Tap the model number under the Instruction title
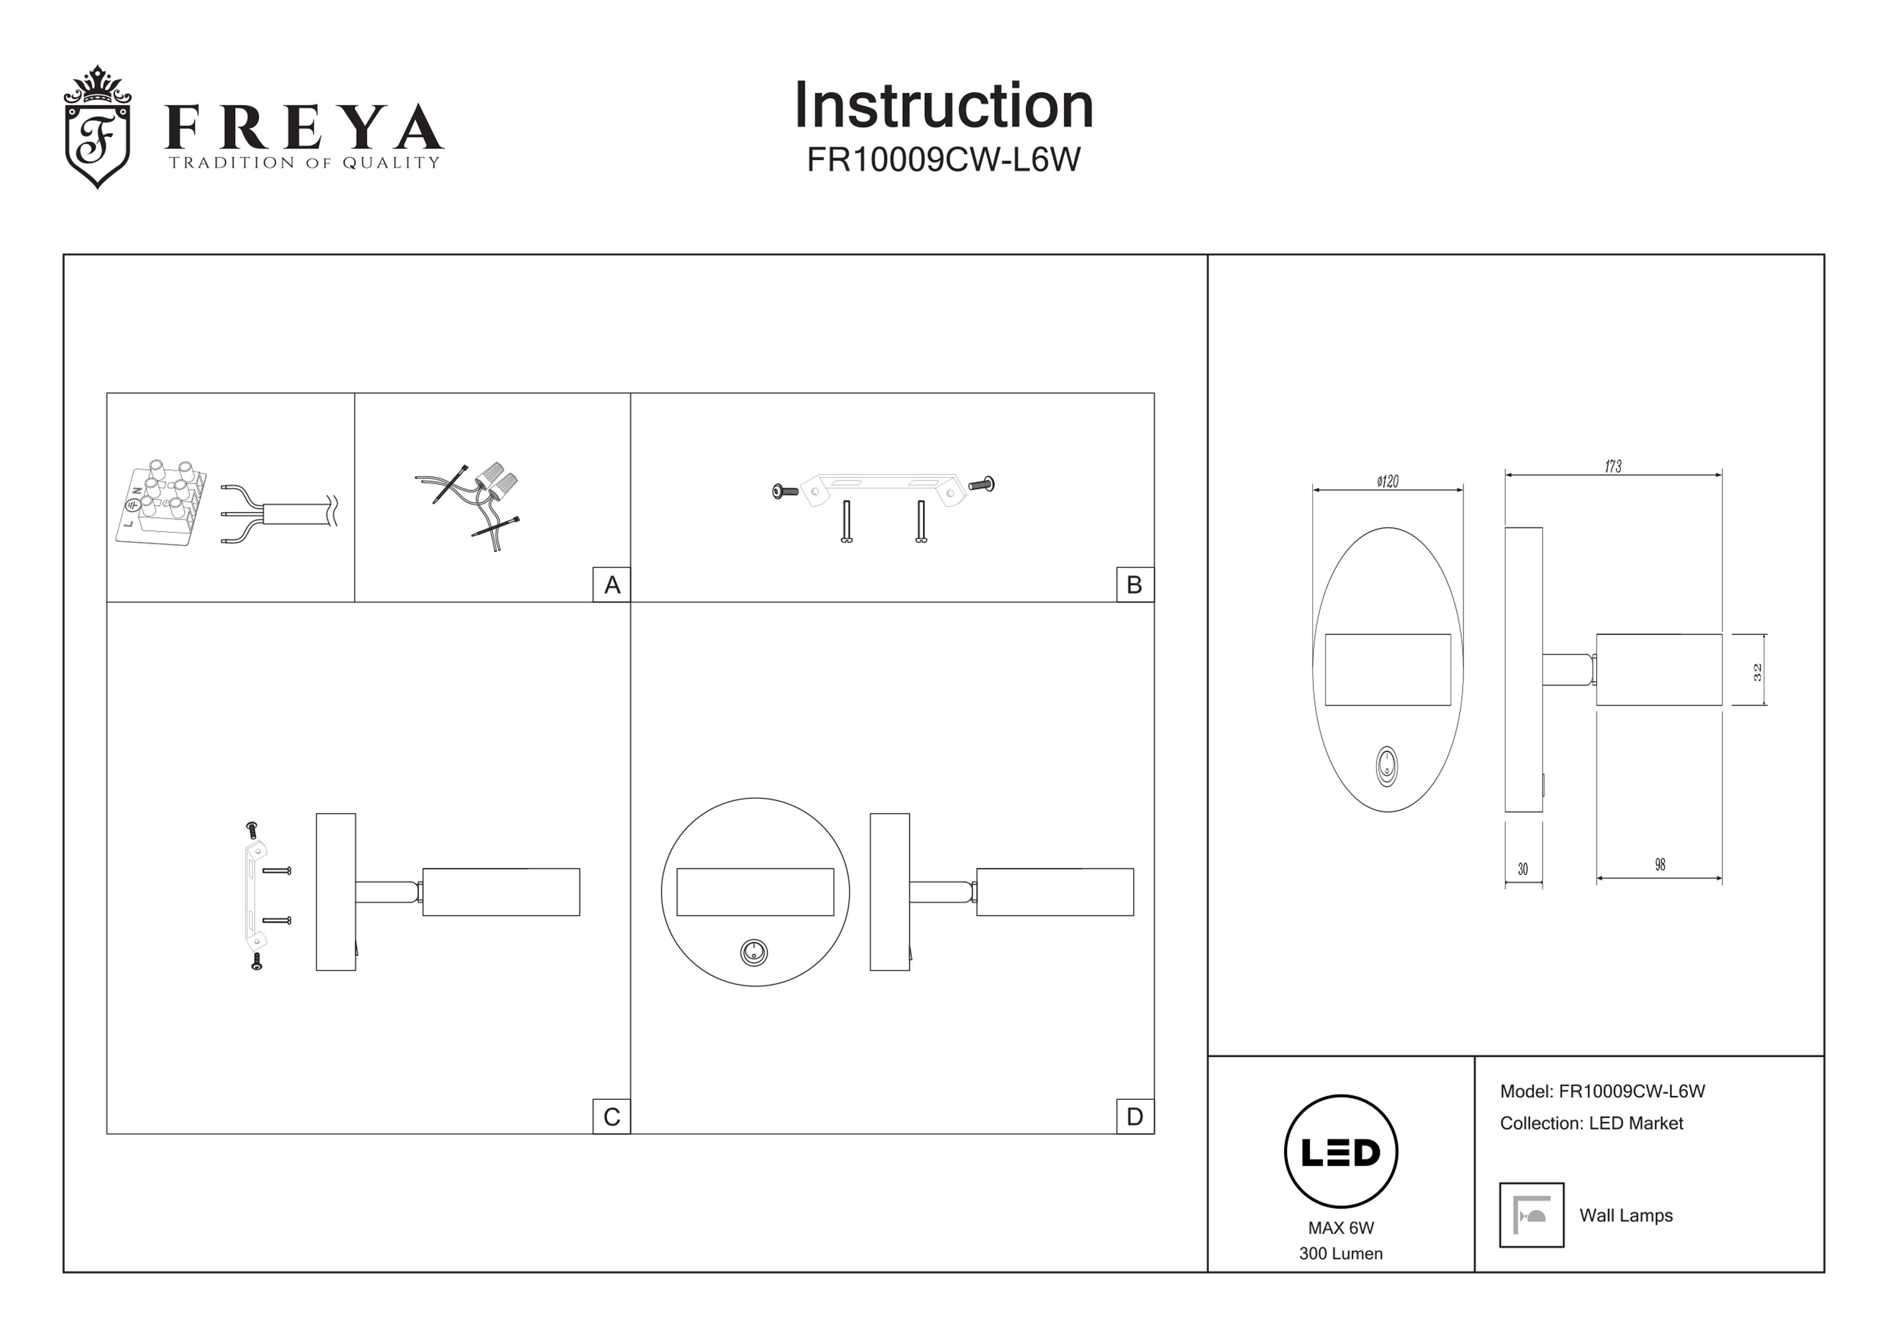click(943, 160)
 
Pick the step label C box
click(611, 1116)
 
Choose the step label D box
click(1134, 1116)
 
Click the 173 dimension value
click(1613, 466)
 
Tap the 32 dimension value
click(1757, 671)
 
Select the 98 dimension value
click(1659, 865)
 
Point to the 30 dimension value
click(1523, 869)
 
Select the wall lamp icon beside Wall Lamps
click(1531, 1215)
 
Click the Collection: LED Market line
click(1591, 1123)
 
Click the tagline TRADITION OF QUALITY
click(304, 163)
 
